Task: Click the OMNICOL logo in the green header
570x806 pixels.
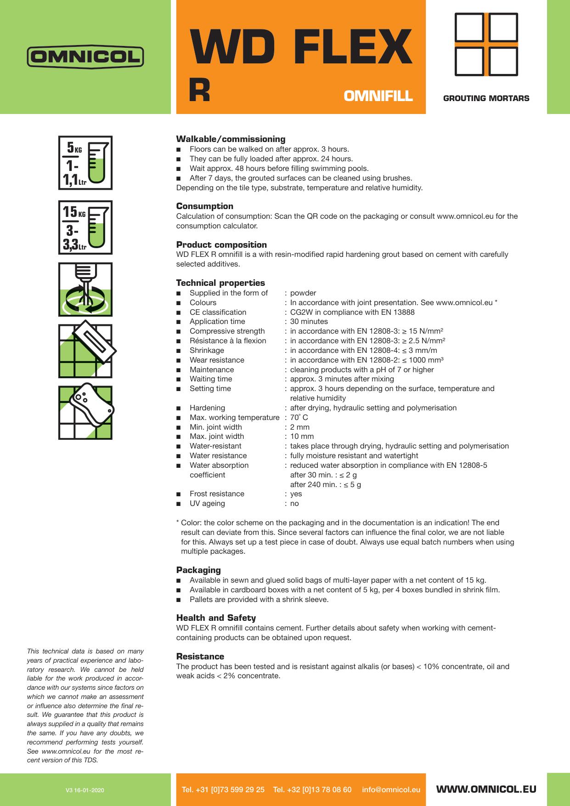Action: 85,57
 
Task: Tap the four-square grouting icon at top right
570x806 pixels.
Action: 486,44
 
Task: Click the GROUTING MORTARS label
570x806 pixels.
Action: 486,98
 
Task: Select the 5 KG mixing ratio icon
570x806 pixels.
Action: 85,163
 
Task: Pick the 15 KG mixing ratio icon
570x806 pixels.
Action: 85,227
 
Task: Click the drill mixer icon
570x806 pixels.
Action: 85,289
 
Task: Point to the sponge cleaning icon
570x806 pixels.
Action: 85,413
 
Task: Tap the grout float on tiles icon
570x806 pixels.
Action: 85,351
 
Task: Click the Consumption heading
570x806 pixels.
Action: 205,206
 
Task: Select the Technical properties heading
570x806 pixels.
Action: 220,283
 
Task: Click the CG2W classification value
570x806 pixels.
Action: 352,312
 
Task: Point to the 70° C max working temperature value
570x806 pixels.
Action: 299,418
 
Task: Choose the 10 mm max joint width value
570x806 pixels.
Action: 302,437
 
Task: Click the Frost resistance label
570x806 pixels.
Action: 217,494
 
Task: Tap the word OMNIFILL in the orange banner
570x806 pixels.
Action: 378,96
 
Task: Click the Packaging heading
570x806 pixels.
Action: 198,570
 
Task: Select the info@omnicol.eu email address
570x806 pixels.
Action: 391,789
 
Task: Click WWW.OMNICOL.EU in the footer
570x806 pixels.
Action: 486,789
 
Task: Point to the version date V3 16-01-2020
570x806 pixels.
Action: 85,790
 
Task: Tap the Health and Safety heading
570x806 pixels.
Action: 216,618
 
